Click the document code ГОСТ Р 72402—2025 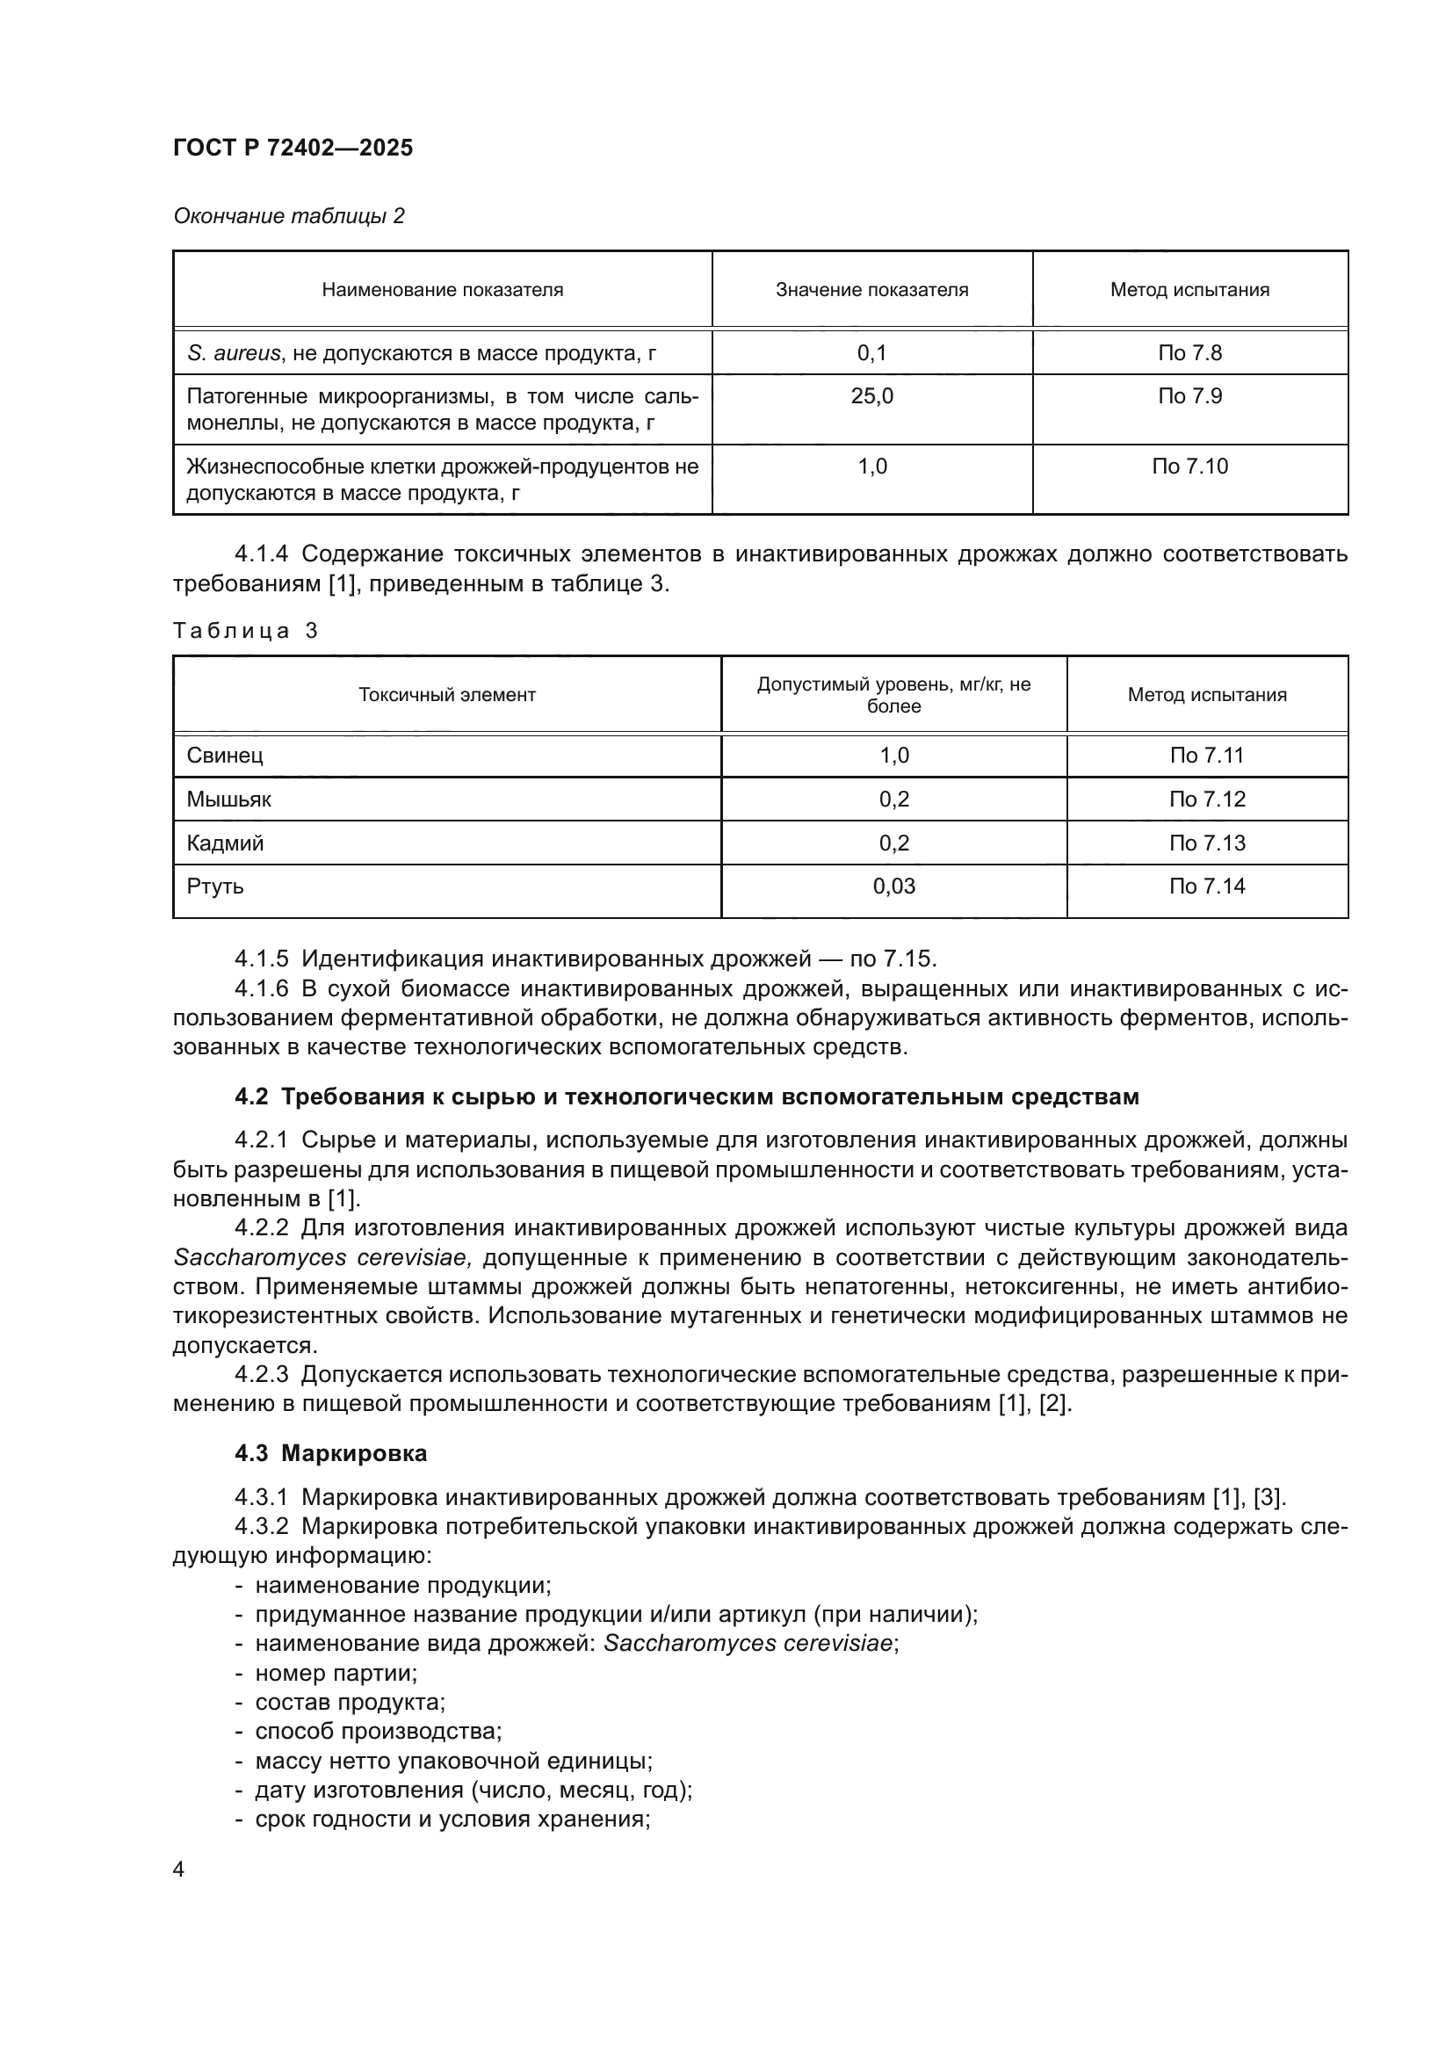(x=293, y=148)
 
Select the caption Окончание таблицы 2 (x=288, y=216)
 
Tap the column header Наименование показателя (x=442, y=290)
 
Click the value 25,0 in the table (x=871, y=395)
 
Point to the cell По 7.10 (x=1189, y=467)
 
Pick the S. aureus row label (x=421, y=352)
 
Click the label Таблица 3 (x=245, y=631)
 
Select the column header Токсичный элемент (x=446, y=695)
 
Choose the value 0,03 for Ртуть (x=893, y=886)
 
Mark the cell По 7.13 (x=1206, y=843)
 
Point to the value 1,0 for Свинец (x=893, y=756)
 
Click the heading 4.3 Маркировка (x=330, y=1453)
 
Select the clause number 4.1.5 (x=261, y=959)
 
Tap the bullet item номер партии (x=336, y=1673)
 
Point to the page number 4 (x=179, y=1870)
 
